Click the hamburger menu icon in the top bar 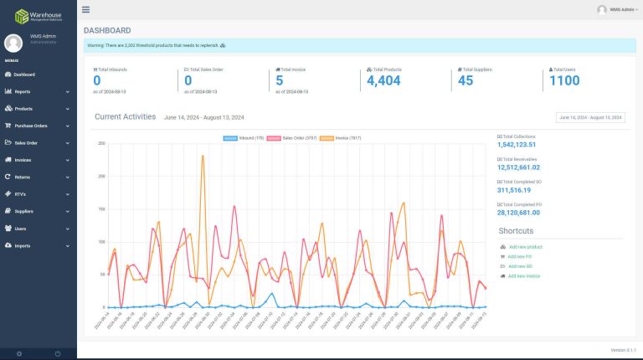(86, 9)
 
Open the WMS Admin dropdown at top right (618, 9)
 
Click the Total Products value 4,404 (383, 80)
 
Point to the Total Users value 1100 (564, 80)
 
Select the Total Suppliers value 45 (466, 80)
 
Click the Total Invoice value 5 (279, 80)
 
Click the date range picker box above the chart (590, 118)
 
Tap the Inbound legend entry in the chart (244, 136)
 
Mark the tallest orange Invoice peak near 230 (203, 156)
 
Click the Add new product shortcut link (524, 247)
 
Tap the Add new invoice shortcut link (523, 275)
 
